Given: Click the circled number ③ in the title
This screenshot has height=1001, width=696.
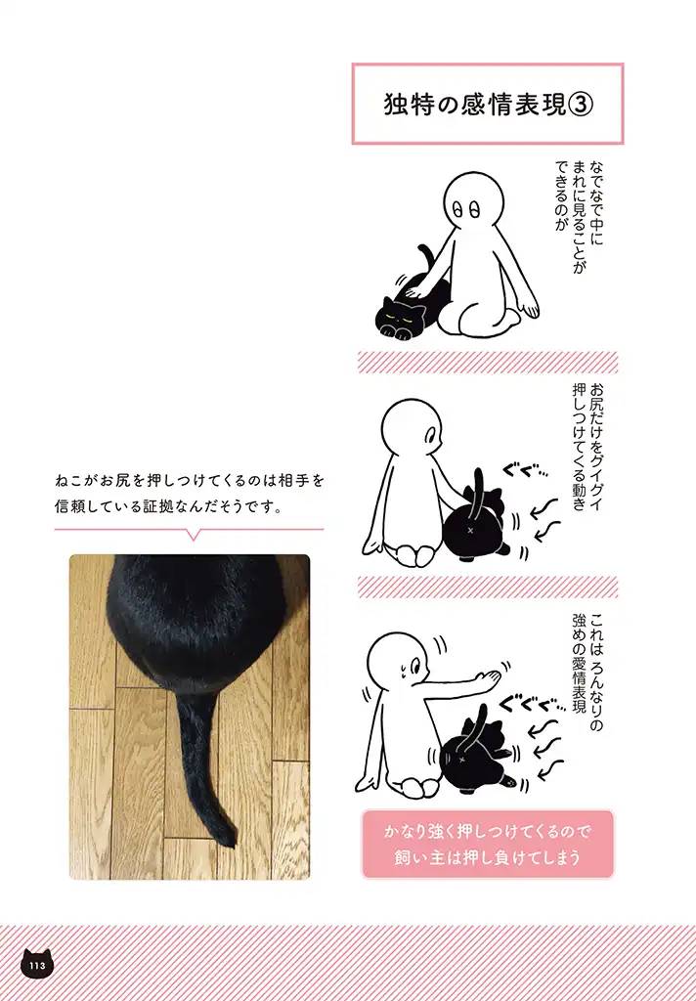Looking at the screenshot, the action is [x=580, y=105].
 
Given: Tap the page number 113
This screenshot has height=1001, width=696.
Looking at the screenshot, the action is [x=38, y=966].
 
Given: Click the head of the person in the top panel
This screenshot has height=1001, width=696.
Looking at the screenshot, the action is [x=473, y=203].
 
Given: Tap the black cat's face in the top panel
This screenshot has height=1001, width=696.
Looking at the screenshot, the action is [x=399, y=317].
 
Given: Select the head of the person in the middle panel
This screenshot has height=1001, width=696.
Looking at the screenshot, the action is [x=412, y=431].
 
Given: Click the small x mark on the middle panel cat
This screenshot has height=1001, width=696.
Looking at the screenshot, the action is [x=471, y=530].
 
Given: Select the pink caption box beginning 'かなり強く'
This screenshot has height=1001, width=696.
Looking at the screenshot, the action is [x=488, y=844].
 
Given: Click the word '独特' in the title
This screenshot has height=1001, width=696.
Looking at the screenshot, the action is [x=408, y=105].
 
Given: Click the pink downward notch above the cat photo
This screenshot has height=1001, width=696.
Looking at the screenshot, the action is [x=193, y=535].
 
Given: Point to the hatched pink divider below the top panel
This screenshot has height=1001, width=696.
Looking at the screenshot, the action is [x=488, y=362].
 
